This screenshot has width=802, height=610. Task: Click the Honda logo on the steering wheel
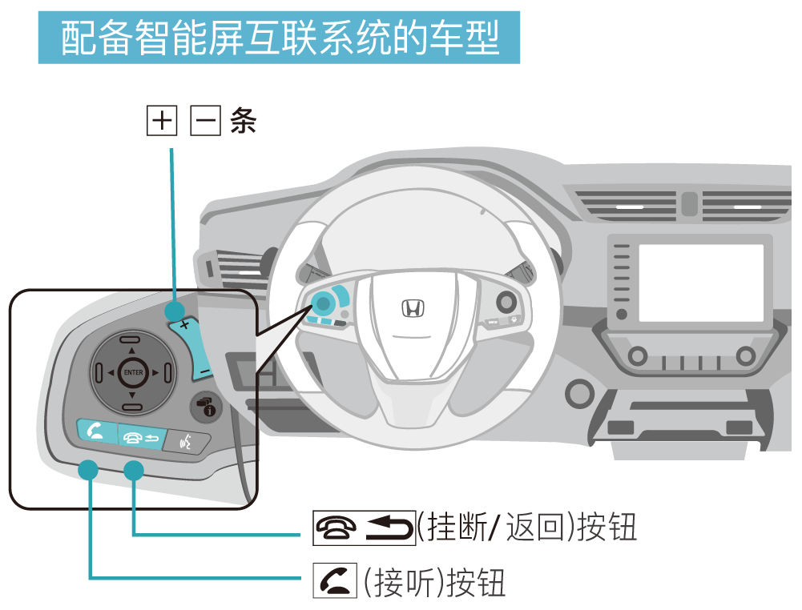click(x=412, y=309)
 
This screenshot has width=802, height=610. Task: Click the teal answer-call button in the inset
click(x=95, y=432)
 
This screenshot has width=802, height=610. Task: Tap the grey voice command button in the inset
click(x=186, y=440)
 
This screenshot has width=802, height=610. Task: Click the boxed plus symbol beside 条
click(x=162, y=122)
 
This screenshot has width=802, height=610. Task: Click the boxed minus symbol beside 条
click(x=205, y=122)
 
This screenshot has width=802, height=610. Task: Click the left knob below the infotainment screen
click(x=638, y=356)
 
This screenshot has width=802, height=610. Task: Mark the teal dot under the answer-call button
click(x=88, y=470)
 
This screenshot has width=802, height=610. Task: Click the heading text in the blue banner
click(x=280, y=37)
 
